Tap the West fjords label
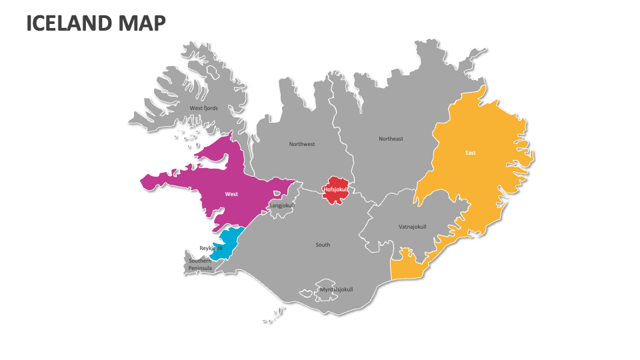(203, 108)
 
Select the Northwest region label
(301, 144)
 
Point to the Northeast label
(391, 139)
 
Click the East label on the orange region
(470, 153)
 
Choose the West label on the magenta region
(231, 194)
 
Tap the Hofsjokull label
(336, 189)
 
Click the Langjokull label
(281, 205)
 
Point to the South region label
(323, 245)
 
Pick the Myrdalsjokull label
(336, 289)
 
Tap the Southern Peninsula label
(199, 265)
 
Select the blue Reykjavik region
(230, 241)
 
